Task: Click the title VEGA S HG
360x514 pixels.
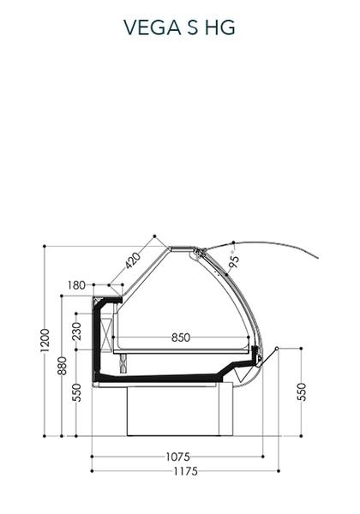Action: [x=179, y=27]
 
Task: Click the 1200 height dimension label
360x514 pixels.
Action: [x=45, y=340]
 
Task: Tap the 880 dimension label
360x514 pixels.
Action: [x=62, y=366]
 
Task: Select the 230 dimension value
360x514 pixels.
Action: [x=76, y=332]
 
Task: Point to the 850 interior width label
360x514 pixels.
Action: [x=181, y=338]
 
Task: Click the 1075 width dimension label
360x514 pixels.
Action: [x=178, y=457]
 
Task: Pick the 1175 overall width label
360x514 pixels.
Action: [x=186, y=471]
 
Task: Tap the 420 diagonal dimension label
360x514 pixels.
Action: [x=133, y=260]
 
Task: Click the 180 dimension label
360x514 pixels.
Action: [x=76, y=285]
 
